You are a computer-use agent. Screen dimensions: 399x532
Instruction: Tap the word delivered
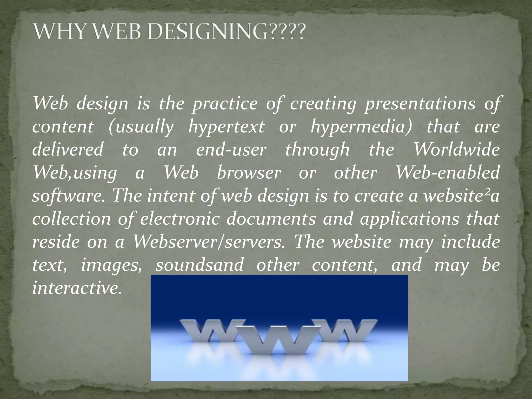click(x=68, y=150)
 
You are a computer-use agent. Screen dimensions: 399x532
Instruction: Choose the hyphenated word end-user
click(x=231, y=150)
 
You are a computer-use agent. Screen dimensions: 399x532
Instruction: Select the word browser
click(x=249, y=173)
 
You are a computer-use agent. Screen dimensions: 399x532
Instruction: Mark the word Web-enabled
click(x=447, y=173)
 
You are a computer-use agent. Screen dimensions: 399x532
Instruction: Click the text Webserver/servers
click(x=208, y=242)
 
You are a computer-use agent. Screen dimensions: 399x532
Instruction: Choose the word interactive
click(x=77, y=288)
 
